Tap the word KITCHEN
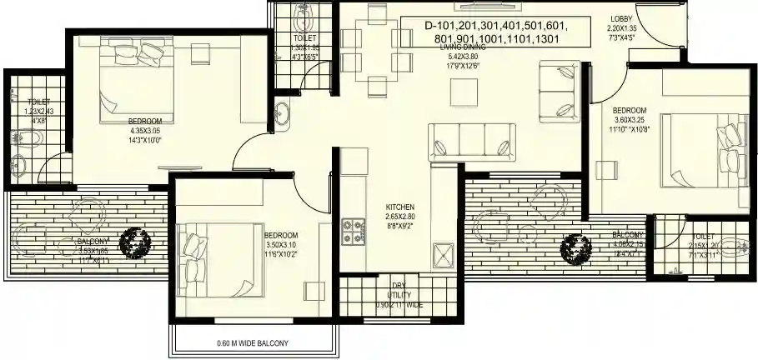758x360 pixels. coord(399,207)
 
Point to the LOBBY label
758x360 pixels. coord(621,18)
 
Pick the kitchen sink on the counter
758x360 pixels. coord(442,252)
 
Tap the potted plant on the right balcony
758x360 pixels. coord(572,247)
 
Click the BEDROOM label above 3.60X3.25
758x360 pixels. coord(630,110)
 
